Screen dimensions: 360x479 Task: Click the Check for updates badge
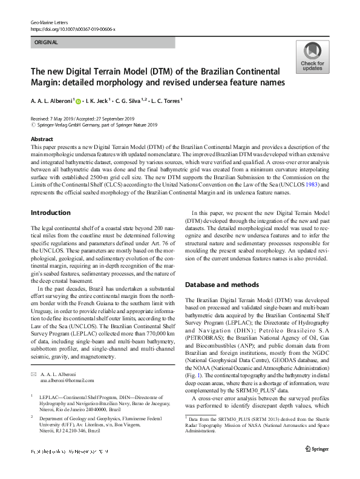click(312, 57)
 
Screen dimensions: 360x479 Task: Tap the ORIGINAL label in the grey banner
click(45, 43)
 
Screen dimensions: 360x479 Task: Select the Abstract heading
click(42, 139)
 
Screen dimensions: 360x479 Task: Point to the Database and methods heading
click(222, 283)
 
